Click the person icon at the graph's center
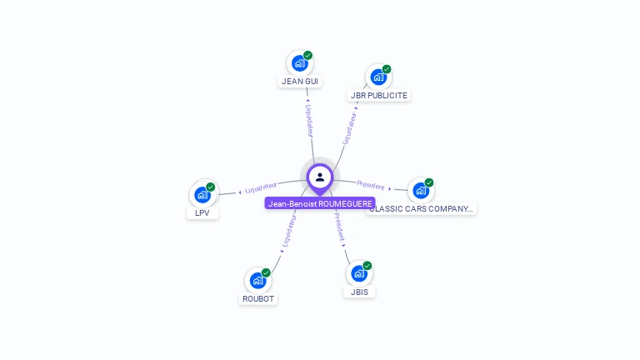point(320,177)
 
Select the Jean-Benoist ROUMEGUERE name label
point(320,203)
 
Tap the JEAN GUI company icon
point(299,63)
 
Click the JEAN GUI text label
point(300,82)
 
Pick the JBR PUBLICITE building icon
point(378,77)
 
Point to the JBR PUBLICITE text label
point(379,96)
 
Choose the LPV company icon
point(202,195)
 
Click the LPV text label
point(202,213)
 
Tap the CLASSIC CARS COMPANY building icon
point(421,190)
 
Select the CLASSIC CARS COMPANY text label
point(422,209)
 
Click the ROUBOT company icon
point(257,281)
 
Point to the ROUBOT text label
point(258,299)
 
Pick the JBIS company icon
point(359,273)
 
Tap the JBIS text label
point(360,292)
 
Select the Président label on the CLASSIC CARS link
point(371,185)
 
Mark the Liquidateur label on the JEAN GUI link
point(309,120)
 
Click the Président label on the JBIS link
point(339,227)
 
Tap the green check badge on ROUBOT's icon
point(266,272)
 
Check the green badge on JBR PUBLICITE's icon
point(387,69)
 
